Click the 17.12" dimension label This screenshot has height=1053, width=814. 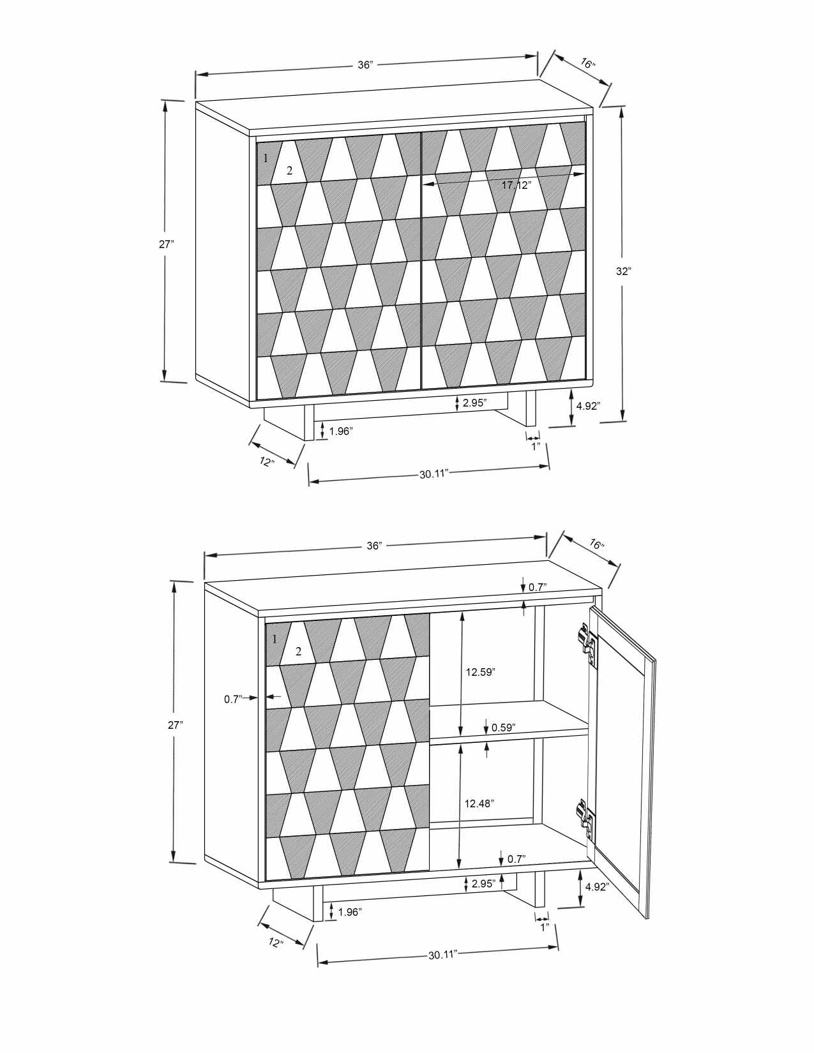tap(516, 186)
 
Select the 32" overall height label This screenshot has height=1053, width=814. tap(623, 271)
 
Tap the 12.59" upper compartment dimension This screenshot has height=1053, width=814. tap(480, 672)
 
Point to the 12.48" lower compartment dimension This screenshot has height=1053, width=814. tap(479, 803)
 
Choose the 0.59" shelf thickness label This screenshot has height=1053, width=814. tap(503, 727)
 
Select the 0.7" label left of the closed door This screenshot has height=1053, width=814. tap(232, 699)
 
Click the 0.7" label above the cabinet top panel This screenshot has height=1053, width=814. tap(538, 587)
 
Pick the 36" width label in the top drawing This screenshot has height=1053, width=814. tap(365, 65)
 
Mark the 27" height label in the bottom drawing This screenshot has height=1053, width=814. tap(175, 724)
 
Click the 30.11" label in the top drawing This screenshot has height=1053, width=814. tap(435, 474)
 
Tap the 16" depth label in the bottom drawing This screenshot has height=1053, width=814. tap(596, 545)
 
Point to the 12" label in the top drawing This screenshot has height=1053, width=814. tap(267, 461)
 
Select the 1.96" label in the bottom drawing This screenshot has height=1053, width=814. tap(350, 912)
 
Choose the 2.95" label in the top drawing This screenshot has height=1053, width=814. tap(474, 403)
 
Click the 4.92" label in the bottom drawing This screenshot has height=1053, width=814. tap(596, 886)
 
